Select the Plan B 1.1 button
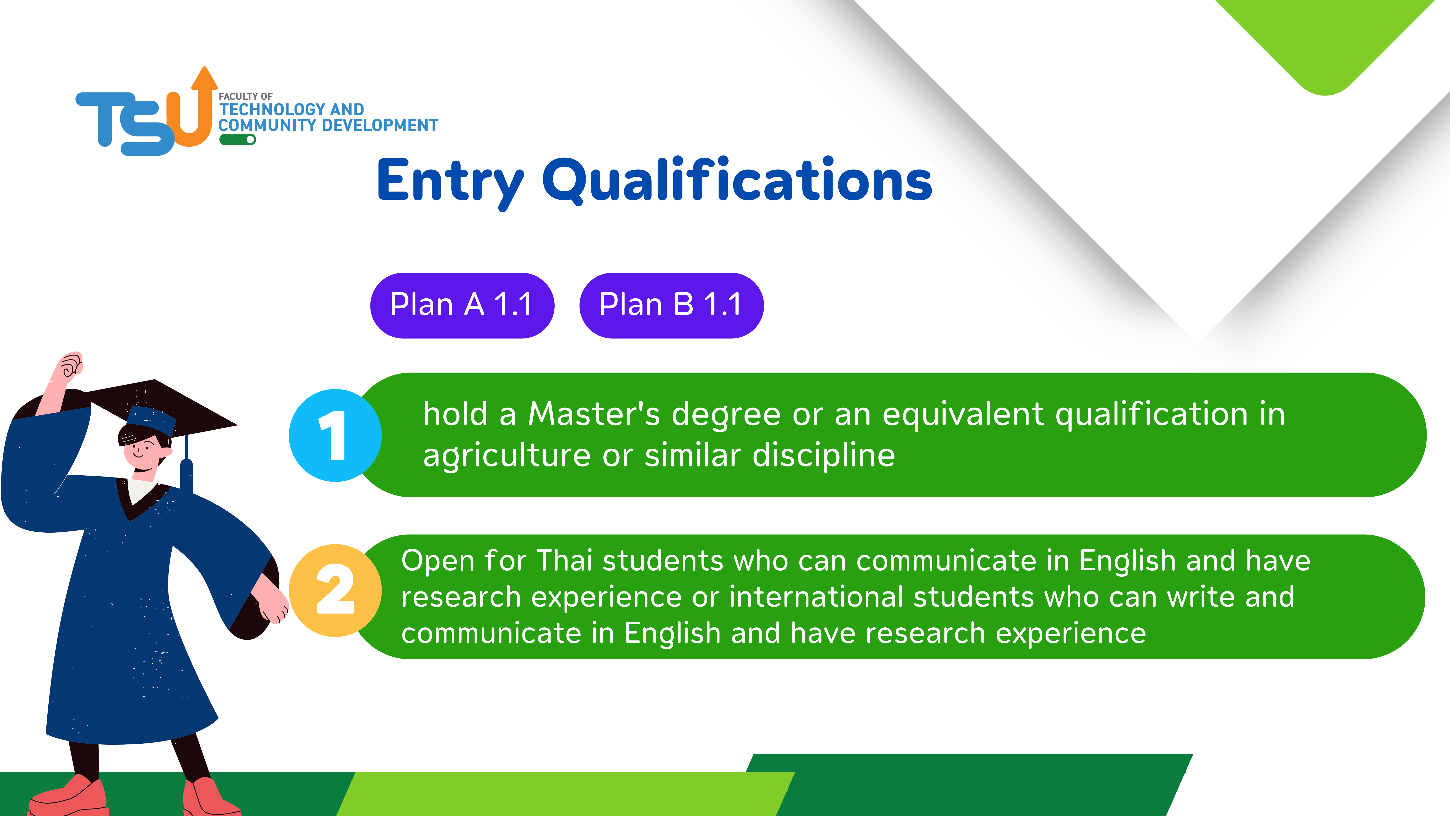[671, 305]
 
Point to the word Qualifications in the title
[737, 179]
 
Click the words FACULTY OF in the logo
[246, 96]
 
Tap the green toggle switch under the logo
[238, 139]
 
